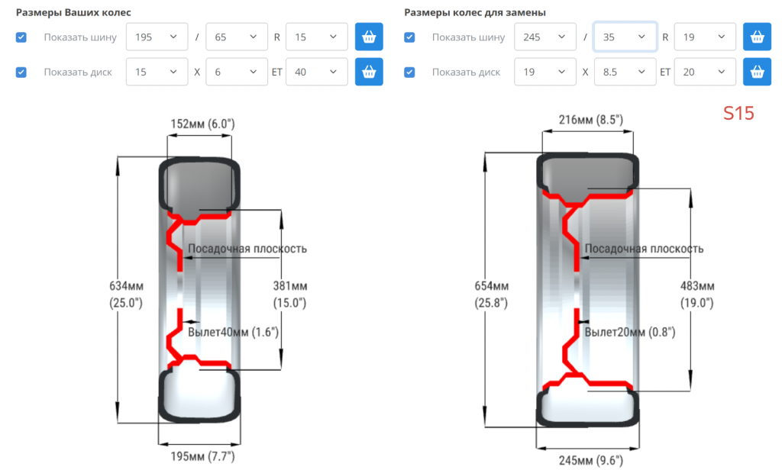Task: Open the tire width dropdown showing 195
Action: coord(157,37)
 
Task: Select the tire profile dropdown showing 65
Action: coord(237,37)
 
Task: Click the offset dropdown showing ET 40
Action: coord(316,72)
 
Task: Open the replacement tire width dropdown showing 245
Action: coord(545,37)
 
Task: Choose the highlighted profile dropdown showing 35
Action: coord(625,37)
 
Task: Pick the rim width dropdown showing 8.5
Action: coord(625,72)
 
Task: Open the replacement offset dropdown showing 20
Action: coord(705,72)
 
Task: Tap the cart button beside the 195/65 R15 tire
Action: coord(369,37)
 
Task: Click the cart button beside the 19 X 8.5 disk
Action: coord(757,72)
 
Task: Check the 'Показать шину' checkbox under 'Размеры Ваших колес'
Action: coord(21,37)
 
